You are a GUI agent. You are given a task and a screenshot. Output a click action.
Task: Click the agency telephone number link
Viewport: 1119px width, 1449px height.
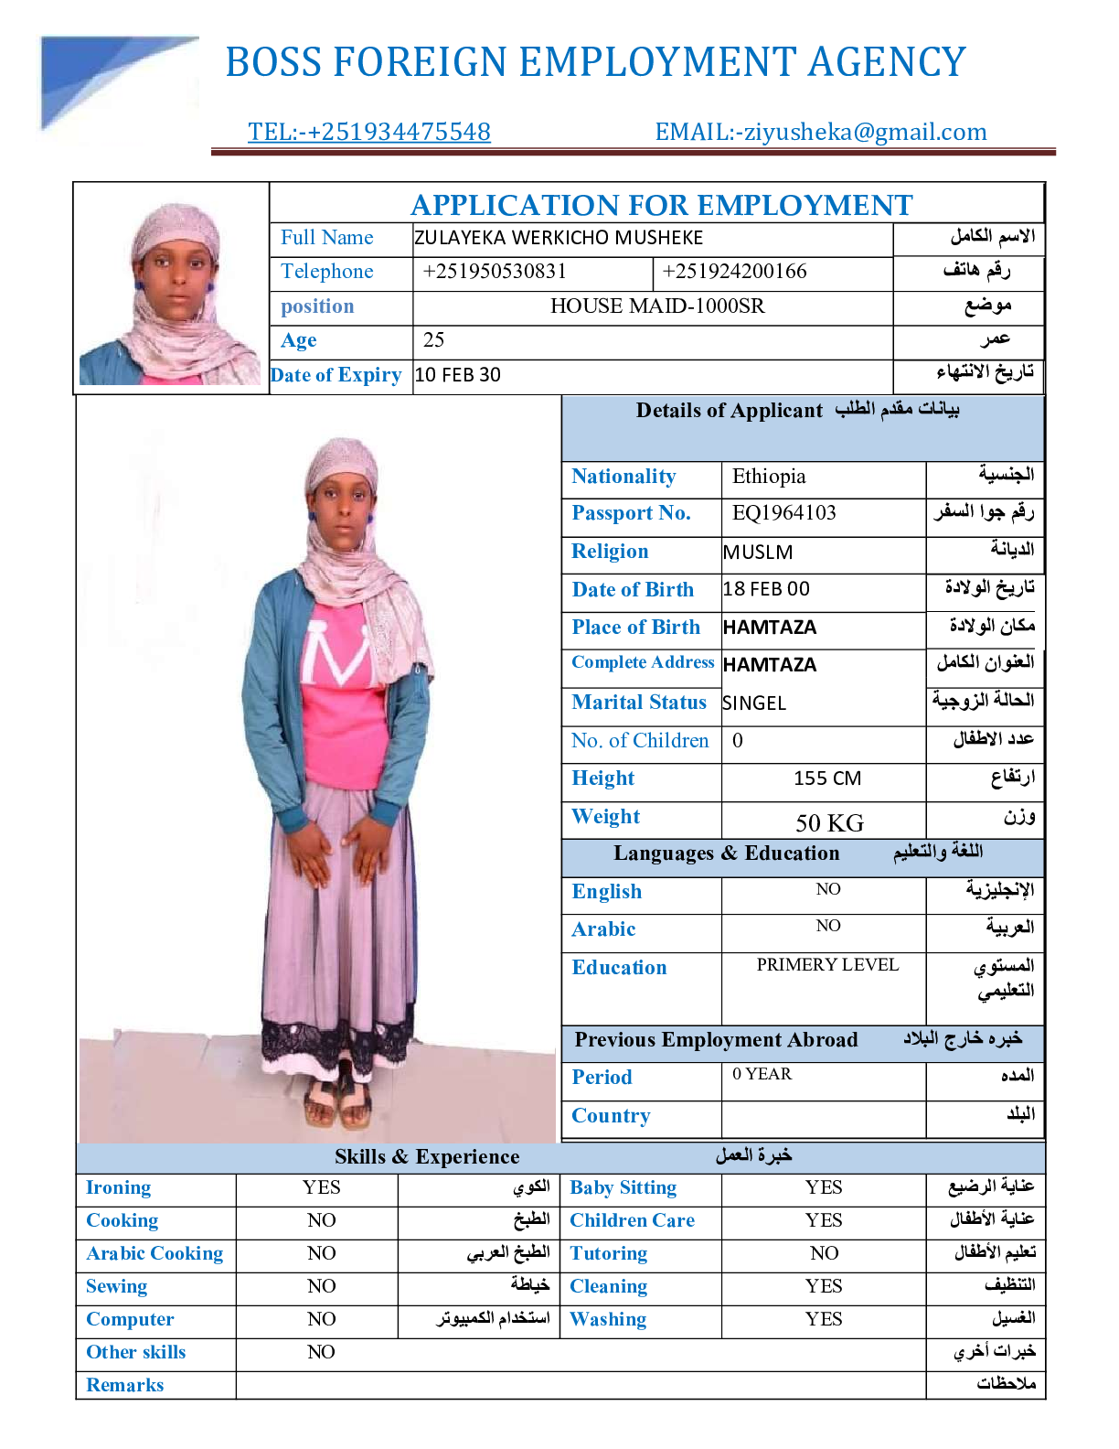(368, 132)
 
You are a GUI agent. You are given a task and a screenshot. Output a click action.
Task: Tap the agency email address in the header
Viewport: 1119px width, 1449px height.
(821, 132)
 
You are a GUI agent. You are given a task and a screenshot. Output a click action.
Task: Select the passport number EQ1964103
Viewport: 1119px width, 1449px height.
(783, 513)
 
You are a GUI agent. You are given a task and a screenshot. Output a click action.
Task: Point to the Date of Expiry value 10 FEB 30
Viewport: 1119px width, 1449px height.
(457, 375)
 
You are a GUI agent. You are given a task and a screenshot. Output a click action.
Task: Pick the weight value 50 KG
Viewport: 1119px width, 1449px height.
(829, 823)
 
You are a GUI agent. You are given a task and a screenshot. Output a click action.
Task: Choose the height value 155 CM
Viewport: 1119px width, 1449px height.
(827, 778)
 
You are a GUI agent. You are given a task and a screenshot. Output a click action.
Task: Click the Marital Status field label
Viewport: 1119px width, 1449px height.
(639, 703)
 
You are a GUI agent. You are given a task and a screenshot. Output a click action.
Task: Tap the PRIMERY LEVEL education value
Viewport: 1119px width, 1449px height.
(827, 965)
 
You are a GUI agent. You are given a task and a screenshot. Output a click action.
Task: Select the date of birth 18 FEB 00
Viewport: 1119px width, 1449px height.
(766, 589)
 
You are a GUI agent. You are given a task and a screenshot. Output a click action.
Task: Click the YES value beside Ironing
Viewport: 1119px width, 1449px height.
(321, 1187)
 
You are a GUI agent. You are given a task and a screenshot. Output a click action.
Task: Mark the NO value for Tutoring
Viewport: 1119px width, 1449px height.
(824, 1253)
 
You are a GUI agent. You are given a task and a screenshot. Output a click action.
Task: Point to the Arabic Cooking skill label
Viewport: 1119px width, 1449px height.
(155, 1253)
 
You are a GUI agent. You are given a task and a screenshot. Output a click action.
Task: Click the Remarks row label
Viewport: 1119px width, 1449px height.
(125, 1385)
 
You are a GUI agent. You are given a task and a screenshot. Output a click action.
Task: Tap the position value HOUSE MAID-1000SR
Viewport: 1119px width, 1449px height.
(657, 306)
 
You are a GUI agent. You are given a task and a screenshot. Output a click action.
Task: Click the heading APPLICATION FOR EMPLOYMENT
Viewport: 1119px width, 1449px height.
(661, 205)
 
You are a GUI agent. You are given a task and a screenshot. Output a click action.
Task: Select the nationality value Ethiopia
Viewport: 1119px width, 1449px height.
(769, 477)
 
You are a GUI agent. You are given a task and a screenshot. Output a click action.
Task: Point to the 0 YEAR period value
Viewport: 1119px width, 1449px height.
(762, 1074)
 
